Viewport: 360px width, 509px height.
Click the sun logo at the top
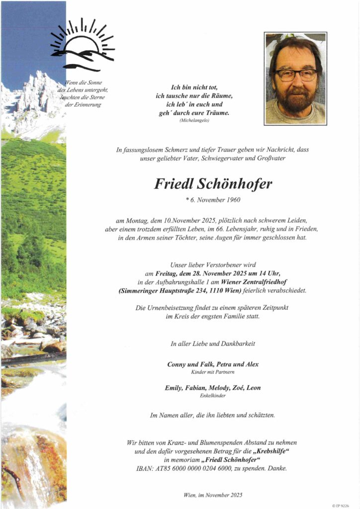[x=83, y=44]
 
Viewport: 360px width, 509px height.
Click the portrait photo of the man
[x=295, y=79]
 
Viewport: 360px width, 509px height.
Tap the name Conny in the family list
[x=177, y=364]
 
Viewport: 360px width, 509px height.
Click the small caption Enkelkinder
[x=212, y=395]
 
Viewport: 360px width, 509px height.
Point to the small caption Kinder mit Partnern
[x=212, y=372]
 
